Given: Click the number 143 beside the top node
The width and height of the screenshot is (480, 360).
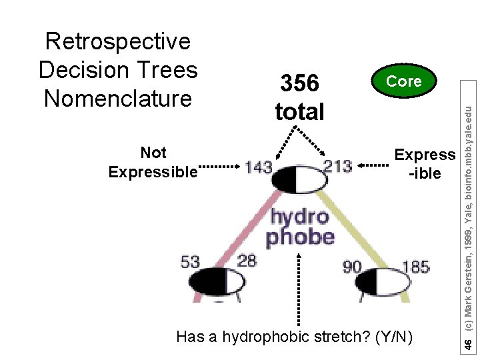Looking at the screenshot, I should click(259, 167).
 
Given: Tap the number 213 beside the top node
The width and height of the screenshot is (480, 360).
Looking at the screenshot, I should click(337, 167).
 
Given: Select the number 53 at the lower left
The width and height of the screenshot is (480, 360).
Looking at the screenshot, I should click(191, 261).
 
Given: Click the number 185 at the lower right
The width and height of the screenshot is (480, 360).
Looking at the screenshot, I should click(415, 267).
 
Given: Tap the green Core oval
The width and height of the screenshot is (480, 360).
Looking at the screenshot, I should click(404, 81).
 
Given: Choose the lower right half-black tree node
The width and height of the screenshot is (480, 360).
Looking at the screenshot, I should click(387, 281).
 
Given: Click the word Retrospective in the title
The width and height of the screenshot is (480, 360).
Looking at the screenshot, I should click(117, 41).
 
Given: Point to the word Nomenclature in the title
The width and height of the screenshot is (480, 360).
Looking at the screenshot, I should click(117, 99).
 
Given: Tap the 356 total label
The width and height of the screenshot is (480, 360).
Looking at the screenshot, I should click(299, 97).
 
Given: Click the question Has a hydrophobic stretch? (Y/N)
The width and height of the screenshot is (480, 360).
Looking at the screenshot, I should click(294, 337).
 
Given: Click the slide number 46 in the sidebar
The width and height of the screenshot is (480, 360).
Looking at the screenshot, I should click(469, 344).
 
